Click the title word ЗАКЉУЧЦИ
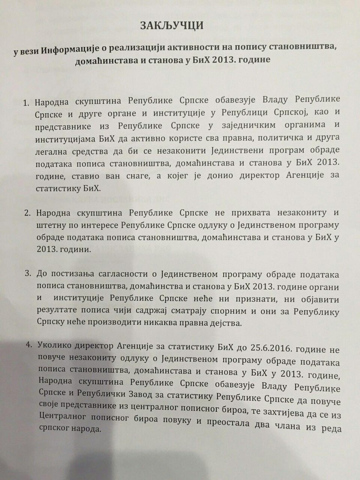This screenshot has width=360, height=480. (172, 26)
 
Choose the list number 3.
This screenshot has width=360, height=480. (28, 274)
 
